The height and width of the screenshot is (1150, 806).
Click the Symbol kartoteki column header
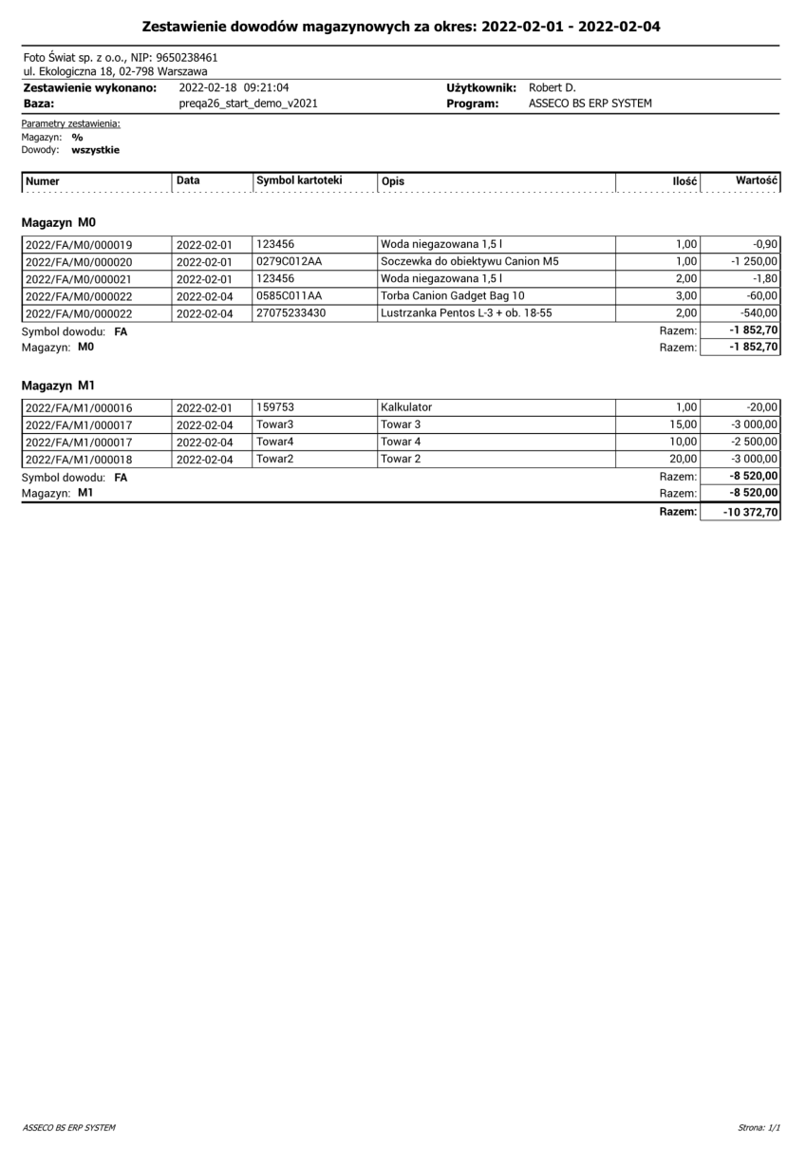pyautogui.click(x=298, y=180)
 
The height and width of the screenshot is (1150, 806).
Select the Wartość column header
pyautogui.click(x=757, y=180)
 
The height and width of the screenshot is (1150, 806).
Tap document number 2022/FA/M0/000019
pyautogui.click(x=78, y=245)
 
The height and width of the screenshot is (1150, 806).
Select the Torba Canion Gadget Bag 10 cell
pyautogui.click(x=446, y=296)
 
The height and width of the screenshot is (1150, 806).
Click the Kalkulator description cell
pyautogui.click(x=406, y=407)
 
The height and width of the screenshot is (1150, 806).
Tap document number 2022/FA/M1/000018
pyautogui.click(x=78, y=459)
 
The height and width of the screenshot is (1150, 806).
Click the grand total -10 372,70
pyautogui.click(x=750, y=512)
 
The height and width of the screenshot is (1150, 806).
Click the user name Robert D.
pyautogui.click(x=551, y=88)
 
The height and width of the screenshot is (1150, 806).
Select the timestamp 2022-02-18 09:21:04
pyautogui.click(x=234, y=88)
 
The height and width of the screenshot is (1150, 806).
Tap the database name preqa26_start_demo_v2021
pyautogui.click(x=248, y=104)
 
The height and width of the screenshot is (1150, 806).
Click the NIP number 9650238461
pyautogui.click(x=186, y=58)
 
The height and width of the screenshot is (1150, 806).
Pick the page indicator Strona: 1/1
pyautogui.click(x=758, y=1128)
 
